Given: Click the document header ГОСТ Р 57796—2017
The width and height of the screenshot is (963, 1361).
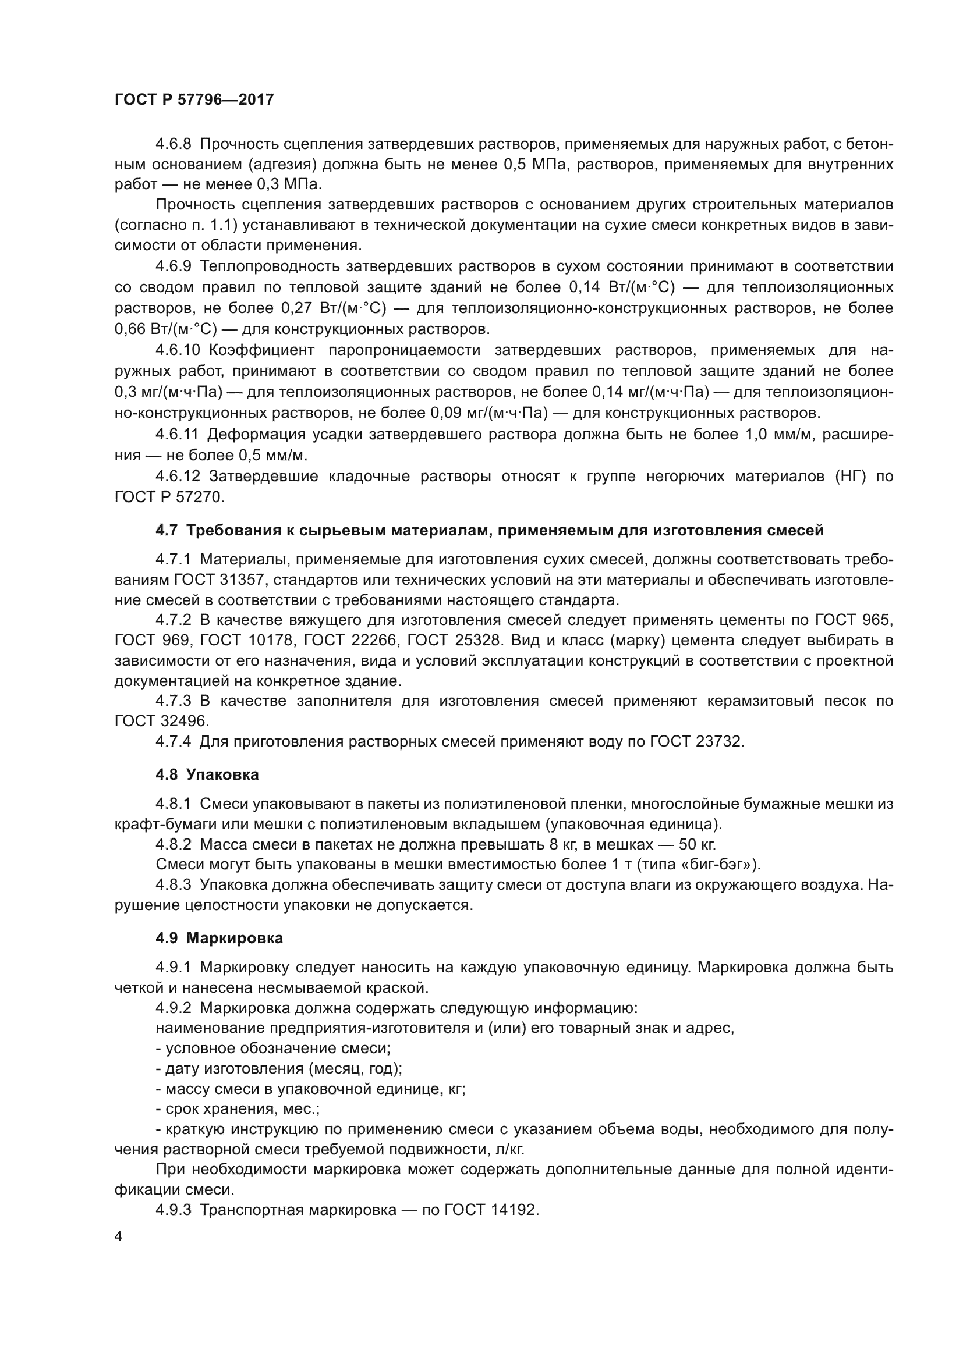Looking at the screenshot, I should click(194, 100).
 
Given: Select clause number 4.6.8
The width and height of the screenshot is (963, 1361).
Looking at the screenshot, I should click(173, 144).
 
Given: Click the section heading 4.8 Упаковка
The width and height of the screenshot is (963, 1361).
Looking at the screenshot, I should click(207, 774).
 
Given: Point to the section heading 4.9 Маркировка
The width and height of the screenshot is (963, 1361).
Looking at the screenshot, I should click(219, 938).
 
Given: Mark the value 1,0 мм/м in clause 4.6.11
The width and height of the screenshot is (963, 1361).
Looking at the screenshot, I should click(779, 435).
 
